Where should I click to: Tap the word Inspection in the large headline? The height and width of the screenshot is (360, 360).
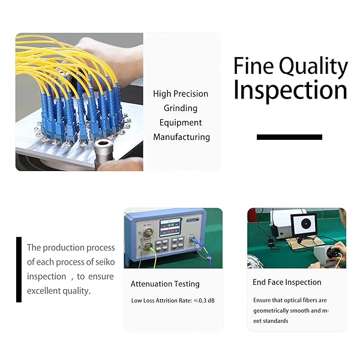pos(290,91)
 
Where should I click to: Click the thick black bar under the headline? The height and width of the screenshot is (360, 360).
pos(289,137)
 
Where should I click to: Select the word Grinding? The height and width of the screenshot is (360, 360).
pos(181,109)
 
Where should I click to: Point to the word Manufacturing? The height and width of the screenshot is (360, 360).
pos(181,137)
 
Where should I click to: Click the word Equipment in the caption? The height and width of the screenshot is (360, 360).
pos(181,123)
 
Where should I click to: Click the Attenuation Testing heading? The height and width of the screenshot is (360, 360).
pos(165,284)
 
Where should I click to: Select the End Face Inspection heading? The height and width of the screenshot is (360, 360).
pos(287,282)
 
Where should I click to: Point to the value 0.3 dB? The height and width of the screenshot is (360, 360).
pos(205,300)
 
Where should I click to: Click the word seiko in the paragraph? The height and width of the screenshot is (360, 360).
pos(100,262)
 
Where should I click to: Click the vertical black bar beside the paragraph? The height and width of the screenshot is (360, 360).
pos(19,269)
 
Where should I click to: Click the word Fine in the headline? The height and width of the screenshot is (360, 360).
pos(253,66)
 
